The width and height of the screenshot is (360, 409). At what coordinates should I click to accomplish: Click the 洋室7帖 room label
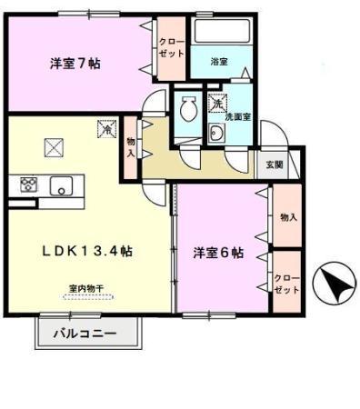pos(75,64)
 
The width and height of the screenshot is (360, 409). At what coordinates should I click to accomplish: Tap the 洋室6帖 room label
pos(218,253)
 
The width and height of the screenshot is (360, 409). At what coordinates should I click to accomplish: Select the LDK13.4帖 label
pos(87,251)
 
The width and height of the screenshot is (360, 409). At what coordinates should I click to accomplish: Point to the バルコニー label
pos(85,334)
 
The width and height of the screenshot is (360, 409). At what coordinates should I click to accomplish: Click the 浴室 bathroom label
pos(219,62)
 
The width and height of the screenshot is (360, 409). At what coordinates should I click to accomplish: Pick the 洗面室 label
pos(237,117)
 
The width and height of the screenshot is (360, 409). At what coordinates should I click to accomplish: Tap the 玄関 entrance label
pos(275,165)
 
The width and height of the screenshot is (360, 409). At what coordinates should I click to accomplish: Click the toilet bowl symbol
pos(188,108)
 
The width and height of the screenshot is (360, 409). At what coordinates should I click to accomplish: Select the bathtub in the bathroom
pos(222,31)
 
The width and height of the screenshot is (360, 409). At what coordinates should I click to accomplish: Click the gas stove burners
pos(29,185)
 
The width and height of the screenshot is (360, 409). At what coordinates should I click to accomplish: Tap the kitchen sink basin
pos(62,185)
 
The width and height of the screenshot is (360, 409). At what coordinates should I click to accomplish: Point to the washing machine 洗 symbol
pos(217,103)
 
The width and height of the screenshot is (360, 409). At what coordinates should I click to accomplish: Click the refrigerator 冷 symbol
pos(106,129)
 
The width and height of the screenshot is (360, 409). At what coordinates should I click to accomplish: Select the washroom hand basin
pos(216,133)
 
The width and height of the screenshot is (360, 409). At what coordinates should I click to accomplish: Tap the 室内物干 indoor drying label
pos(86,288)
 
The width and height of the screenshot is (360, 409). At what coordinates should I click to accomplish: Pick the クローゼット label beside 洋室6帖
pos(286,284)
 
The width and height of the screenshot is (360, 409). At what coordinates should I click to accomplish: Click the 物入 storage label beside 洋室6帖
pos(288,217)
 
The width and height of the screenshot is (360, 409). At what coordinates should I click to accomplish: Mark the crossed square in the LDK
pos(54,147)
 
